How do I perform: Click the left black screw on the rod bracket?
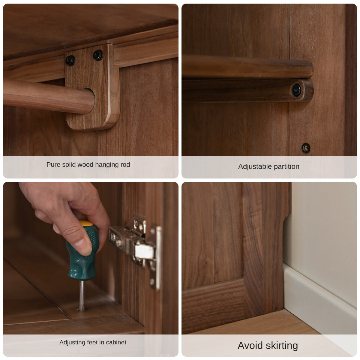(x=70, y=61)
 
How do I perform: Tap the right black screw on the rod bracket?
(x=98, y=55)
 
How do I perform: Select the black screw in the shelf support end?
(x=296, y=90)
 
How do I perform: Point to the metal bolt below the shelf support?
(x=306, y=148)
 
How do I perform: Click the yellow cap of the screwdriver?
(x=86, y=223)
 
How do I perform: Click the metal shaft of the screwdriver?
(x=82, y=295)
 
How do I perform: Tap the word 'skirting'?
(x=282, y=346)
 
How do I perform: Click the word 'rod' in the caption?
(x=125, y=164)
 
